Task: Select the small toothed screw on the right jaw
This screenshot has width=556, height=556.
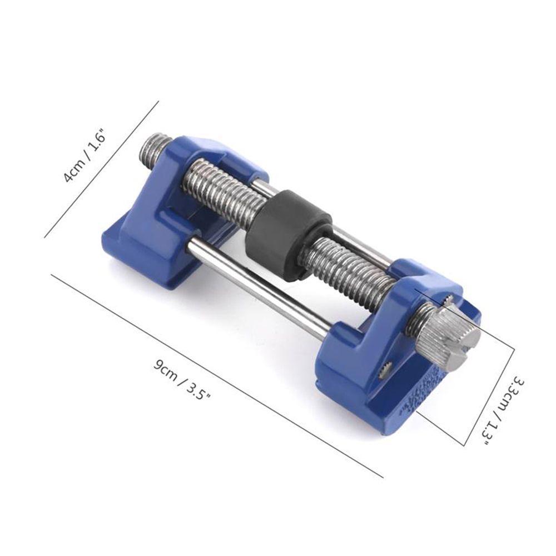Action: (x=384, y=372)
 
